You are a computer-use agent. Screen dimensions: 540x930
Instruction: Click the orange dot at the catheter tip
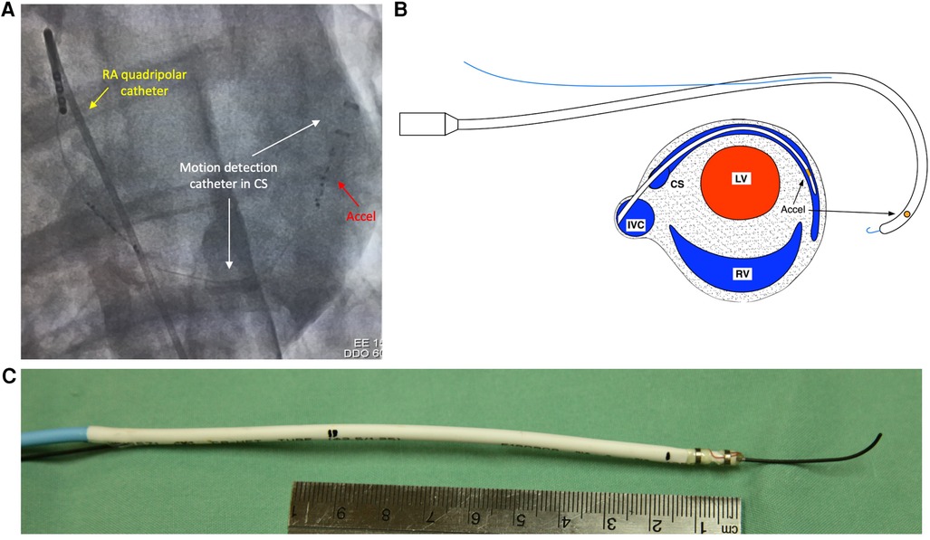click(x=906, y=214)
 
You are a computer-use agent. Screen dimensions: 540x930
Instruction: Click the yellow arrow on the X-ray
click(x=94, y=105)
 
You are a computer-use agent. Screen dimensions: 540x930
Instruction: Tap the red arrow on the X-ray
click(x=343, y=186)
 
